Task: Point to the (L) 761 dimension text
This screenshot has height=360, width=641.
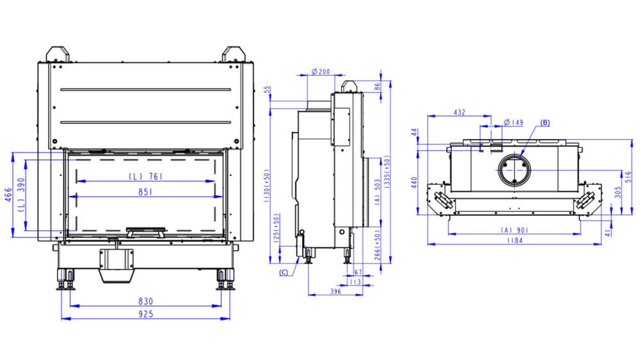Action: pyautogui.click(x=145, y=176)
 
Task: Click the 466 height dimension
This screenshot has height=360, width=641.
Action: pyautogui.click(x=8, y=195)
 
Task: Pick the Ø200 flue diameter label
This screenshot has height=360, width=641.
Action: pyautogui.click(x=320, y=71)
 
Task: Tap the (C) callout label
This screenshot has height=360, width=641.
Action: pyautogui.click(x=284, y=272)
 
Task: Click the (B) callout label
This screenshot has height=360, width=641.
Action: pyautogui.click(x=545, y=122)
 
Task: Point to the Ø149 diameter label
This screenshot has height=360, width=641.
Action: pyautogui.click(x=513, y=122)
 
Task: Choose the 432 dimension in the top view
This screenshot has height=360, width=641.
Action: pyautogui.click(x=460, y=112)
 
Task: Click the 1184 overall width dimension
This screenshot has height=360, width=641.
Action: pyautogui.click(x=514, y=240)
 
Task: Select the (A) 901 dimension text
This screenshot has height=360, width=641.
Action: pyautogui.click(x=515, y=230)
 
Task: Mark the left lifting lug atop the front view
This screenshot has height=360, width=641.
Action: pyautogui.click(x=60, y=53)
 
